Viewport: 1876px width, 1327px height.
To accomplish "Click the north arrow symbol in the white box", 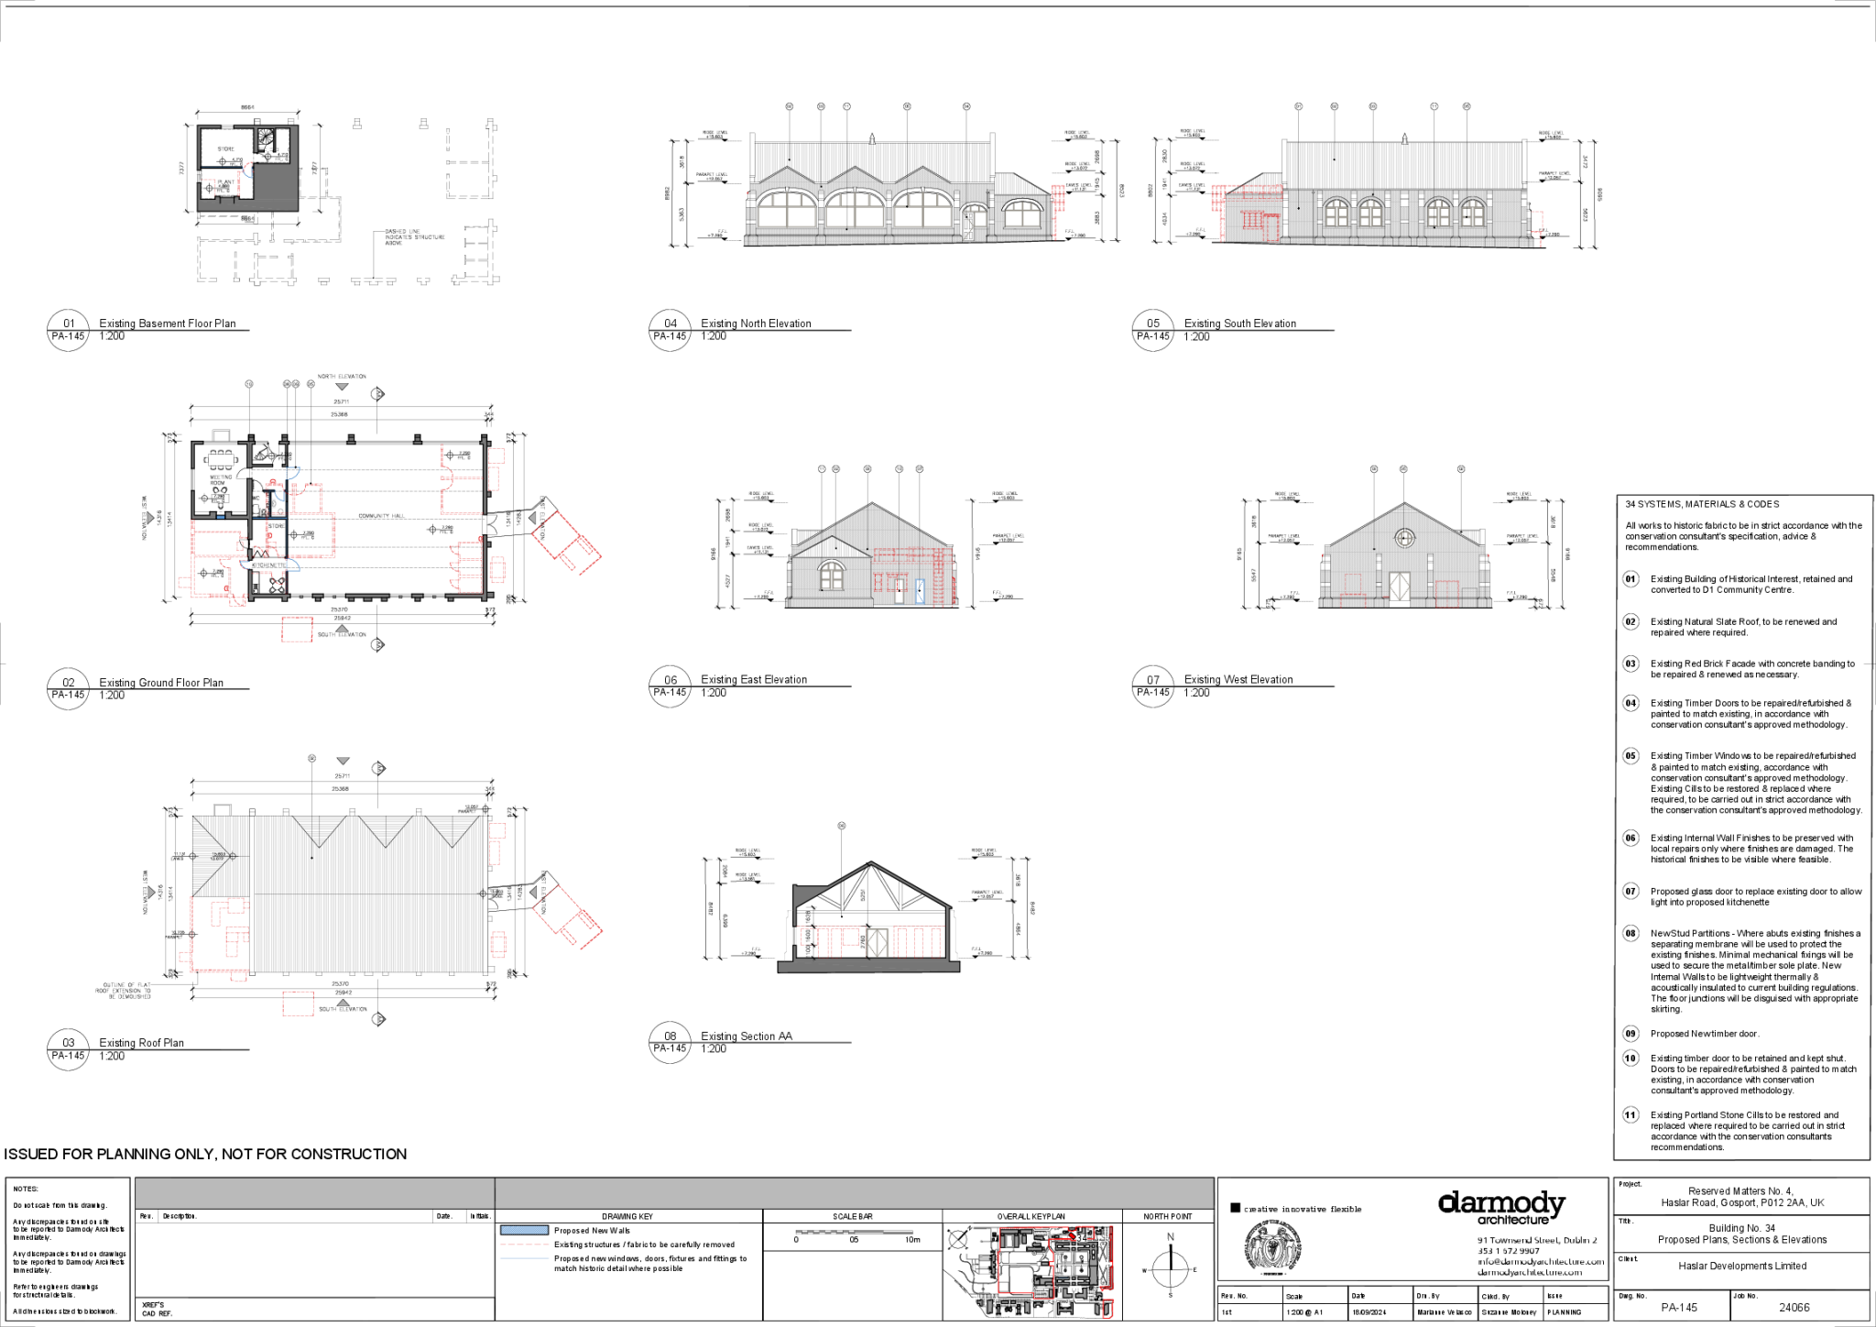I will coord(958,1239).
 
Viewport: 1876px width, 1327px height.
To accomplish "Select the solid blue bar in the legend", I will coord(524,1230).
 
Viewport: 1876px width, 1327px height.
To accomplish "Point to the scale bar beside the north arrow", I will coord(854,1233).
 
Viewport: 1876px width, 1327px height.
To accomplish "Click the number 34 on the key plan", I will coord(1082,1237).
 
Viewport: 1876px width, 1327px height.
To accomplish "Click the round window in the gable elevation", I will coord(1404,538).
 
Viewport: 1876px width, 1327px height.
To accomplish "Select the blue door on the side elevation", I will coord(920,591).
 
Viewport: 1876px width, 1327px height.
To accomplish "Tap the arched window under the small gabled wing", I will coord(831,576).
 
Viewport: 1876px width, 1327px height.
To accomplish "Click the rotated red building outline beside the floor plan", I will coord(566,543).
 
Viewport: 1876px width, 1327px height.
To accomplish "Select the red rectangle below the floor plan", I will coord(297,630).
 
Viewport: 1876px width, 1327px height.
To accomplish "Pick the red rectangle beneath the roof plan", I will coord(298,1003).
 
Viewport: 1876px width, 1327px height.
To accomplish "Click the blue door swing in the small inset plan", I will coord(246,170).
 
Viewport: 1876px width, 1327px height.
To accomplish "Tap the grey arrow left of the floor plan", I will coord(150,519).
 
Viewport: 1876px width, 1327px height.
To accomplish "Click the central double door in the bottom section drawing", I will coord(877,941).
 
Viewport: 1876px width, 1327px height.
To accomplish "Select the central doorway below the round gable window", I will coord(1399,587).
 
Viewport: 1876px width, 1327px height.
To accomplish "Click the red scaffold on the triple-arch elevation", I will coord(1058,198).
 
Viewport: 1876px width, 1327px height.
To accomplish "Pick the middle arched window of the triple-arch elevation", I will coord(855,208).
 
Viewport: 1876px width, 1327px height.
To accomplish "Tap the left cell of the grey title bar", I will coord(314,1193).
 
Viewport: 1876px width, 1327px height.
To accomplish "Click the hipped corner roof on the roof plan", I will coord(219,856).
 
